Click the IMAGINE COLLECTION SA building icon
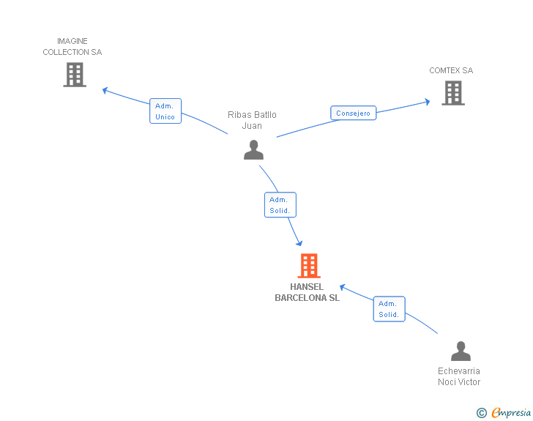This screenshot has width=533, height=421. (x=75, y=75)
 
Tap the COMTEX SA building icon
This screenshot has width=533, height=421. (x=453, y=93)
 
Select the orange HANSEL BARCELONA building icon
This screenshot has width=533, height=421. (x=309, y=266)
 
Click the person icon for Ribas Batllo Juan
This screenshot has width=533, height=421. (x=253, y=150)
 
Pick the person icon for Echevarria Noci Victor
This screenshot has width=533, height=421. (x=461, y=351)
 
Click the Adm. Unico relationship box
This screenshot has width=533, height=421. (x=165, y=111)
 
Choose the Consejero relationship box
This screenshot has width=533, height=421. (x=354, y=113)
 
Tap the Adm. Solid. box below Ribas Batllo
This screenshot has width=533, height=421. (x=280, y=205)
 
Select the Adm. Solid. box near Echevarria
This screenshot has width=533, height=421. (x=389, y=309)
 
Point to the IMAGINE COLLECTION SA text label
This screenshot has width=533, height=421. (x=72, y=47)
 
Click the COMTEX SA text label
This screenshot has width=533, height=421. (x=451, y=71)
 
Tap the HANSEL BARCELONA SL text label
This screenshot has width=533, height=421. (x=307, y=292)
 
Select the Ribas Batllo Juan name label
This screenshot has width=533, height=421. (x=252, y=120)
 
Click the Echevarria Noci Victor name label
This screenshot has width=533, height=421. (x=459, y=376)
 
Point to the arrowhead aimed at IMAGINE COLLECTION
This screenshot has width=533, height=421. (x=105, y=91)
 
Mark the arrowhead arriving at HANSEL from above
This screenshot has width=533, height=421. (x=298, y=242)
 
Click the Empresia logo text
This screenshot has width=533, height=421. (x=511, y=413)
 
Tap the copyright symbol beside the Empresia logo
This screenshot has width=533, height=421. (x=482, y=414)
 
